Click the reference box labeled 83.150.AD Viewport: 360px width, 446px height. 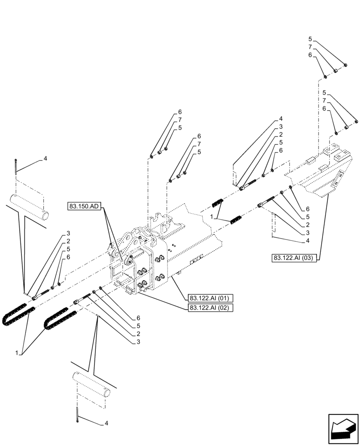85,206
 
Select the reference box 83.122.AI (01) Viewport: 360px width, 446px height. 208,298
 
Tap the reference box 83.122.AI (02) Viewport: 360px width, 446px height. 208,308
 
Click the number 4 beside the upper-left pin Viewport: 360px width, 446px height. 45,158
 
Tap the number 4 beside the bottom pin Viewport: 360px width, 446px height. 106,422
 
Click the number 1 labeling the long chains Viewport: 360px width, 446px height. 17,353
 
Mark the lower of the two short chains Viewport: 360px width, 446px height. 235,219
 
